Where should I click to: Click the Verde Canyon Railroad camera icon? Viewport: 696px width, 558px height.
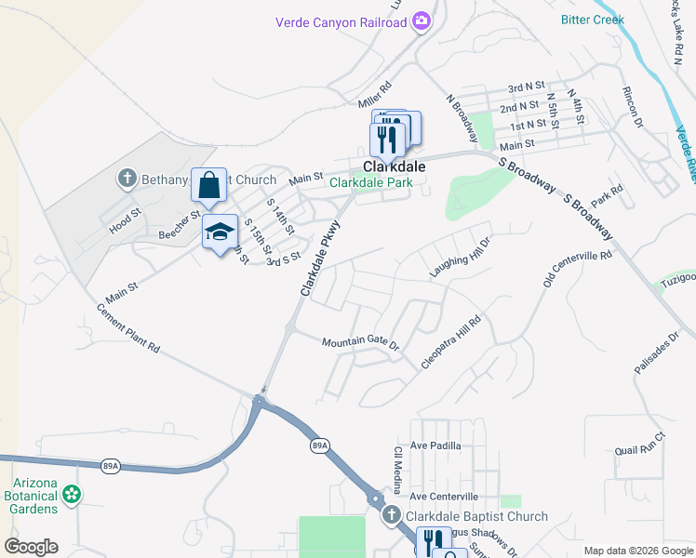pyautogui.click(x=422, y=20)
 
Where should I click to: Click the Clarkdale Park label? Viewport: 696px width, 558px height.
pyautogui.click(x=370, y=183)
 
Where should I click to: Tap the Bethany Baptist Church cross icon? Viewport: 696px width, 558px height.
pyautogui.click(x=128, y=178)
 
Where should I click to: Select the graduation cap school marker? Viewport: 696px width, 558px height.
pyautogui.click(x=221, y=232)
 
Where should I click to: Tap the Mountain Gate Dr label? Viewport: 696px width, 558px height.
pyautogui.click(x=360, y=343)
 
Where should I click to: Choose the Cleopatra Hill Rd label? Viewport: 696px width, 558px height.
pyautogui.click(x=450, y=342)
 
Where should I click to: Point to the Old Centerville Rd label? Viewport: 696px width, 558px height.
pyautogui.click(x=579, y=269)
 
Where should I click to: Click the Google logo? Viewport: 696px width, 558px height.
pyautogui.click(x=31, y=547)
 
